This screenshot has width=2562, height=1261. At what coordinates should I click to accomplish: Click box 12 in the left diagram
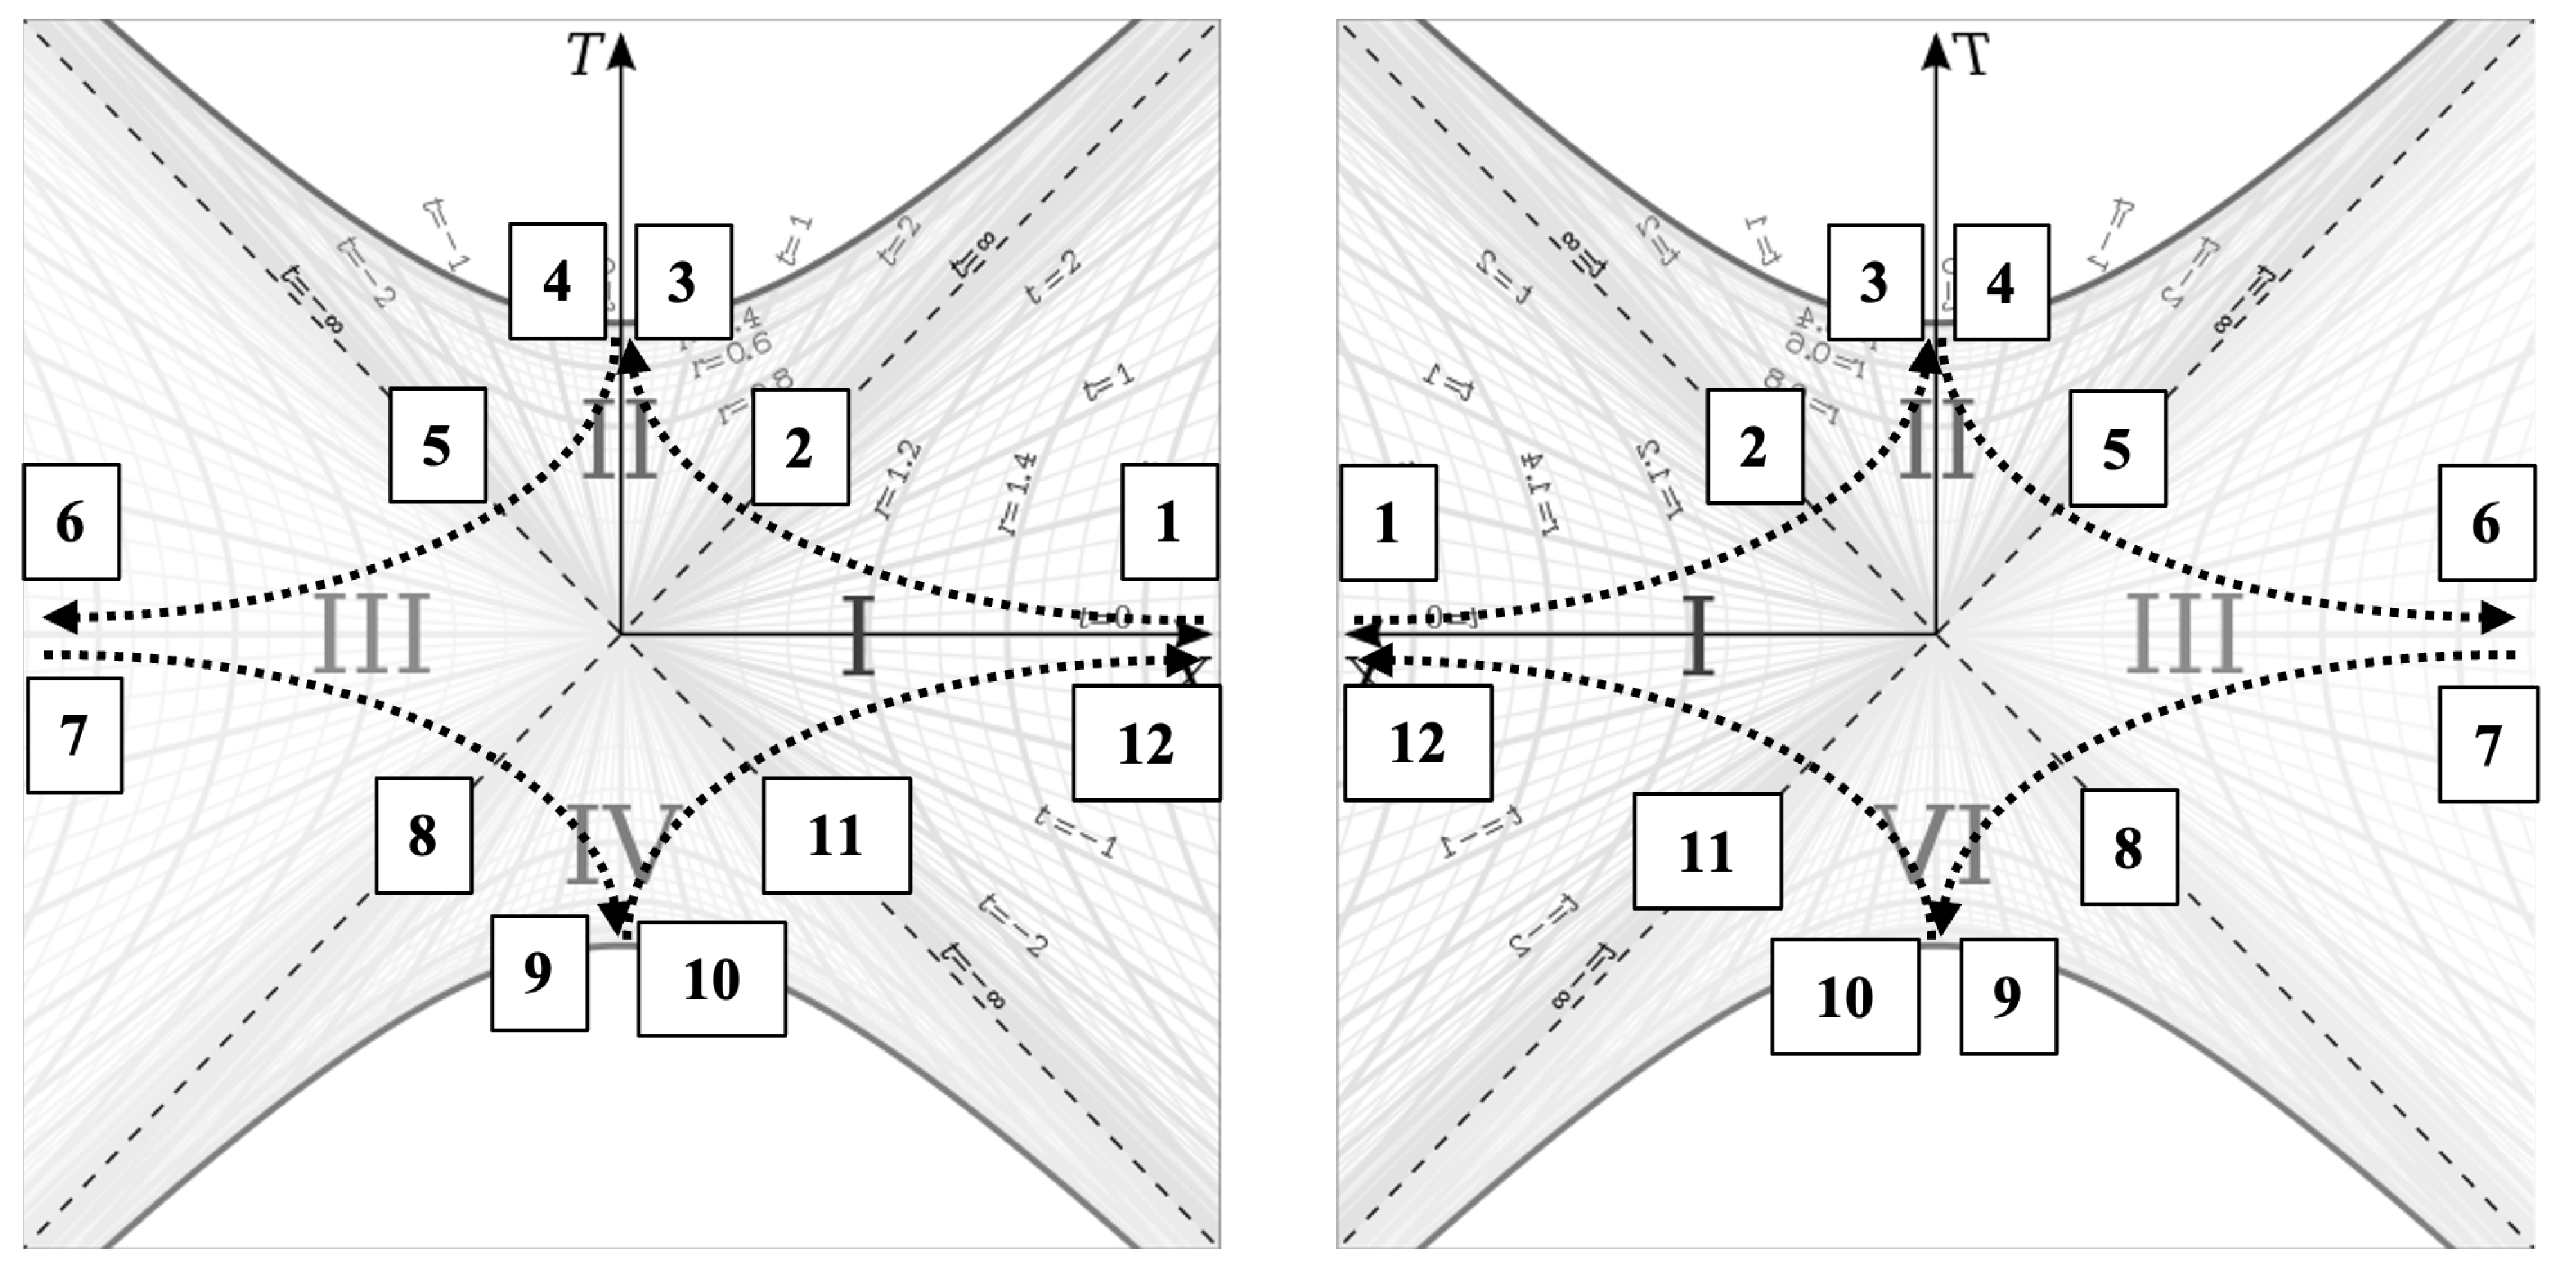[x=1146, y=743]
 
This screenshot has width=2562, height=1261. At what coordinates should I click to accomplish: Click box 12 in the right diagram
[x=1417, y=743]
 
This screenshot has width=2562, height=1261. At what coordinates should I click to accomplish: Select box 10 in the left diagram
[x=711, y=980]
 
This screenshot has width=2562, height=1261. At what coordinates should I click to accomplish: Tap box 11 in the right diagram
[x=1707, y=851]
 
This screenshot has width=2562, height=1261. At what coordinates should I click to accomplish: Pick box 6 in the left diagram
[x=71, y=522]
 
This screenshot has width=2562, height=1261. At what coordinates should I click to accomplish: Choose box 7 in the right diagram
[x=2487, y=745]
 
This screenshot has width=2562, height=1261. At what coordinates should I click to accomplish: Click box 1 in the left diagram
[x=1169, y=522]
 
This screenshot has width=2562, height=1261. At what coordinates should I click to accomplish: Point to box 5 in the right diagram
[x=2117, y=449]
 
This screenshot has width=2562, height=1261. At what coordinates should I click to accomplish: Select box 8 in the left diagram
[x=422, y=835]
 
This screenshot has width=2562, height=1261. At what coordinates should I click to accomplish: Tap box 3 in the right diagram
[x=1874, y=283]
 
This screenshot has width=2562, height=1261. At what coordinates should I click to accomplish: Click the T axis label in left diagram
[x=585, y=55]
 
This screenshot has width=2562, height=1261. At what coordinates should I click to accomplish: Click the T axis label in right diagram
[x=1973, y=55]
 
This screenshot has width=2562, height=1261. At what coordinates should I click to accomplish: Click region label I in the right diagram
[x=1699, y=634]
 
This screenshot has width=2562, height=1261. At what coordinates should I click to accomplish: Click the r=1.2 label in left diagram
[x=898, y=481]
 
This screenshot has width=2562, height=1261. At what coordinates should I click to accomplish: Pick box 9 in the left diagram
[x=538, y=973]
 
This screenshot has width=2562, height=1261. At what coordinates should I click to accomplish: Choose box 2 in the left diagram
[x=800, y=447]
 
